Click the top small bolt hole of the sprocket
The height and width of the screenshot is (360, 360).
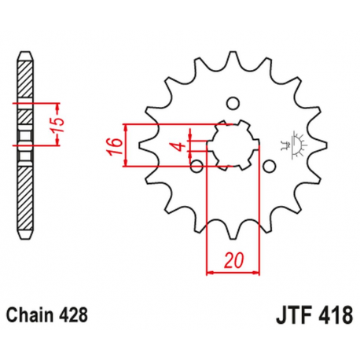pos(232,103)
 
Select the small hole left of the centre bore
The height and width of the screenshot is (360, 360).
pos(197,164)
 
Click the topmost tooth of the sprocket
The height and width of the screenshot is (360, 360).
pos(233,58)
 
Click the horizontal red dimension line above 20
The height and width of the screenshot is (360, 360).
pos(233,273)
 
